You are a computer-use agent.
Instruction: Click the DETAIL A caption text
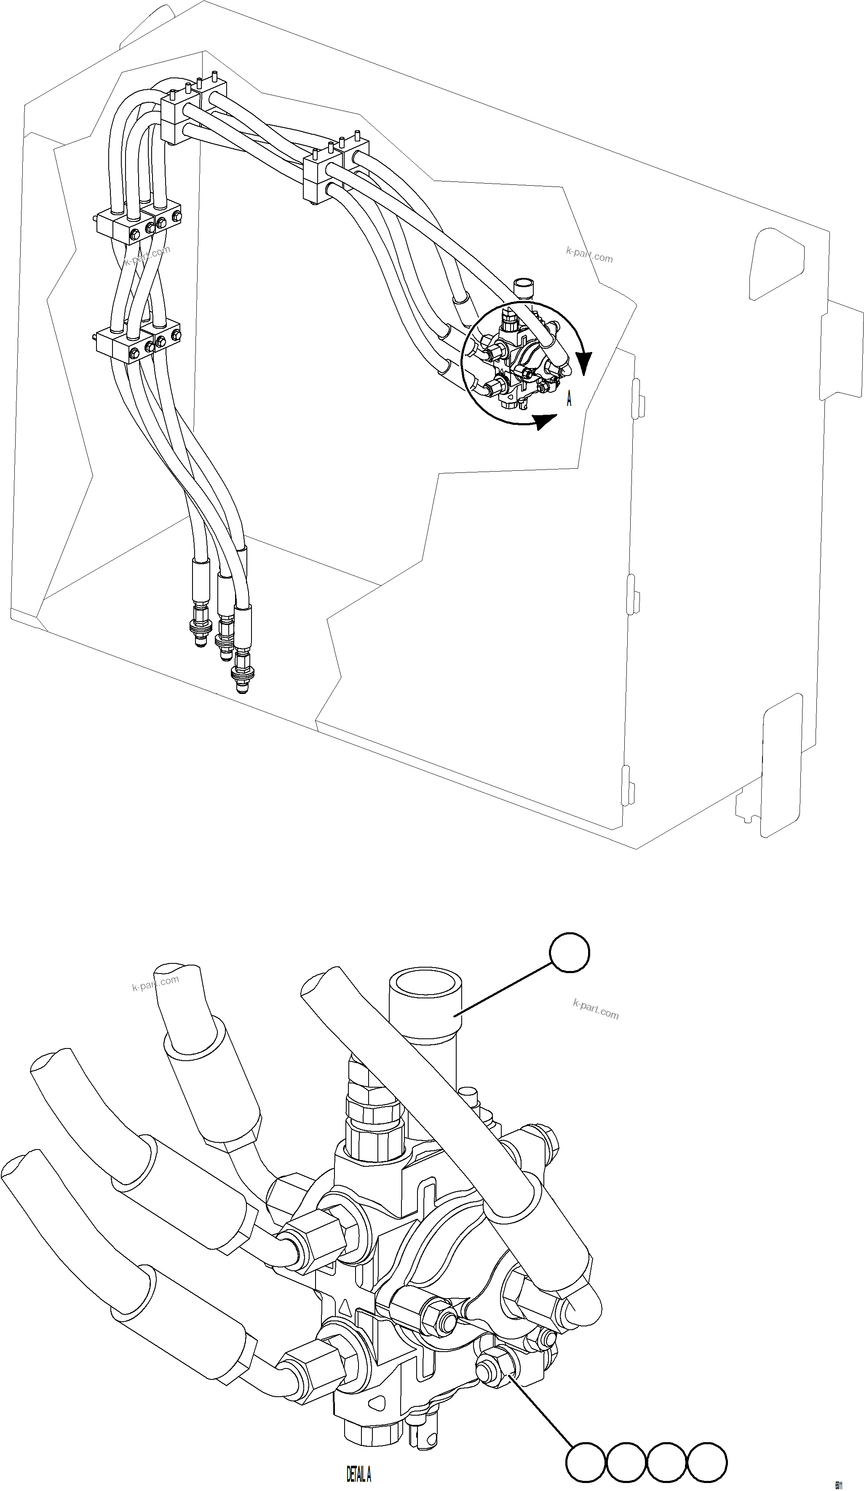[x=358, y=1474]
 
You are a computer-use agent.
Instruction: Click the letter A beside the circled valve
[x=569, y=400]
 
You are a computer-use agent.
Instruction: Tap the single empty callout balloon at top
[x=569, y=952]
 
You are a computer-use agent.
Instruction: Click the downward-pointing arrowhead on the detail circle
[x=584, y=362]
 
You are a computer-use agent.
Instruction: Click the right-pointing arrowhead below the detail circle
[x=544, y=421]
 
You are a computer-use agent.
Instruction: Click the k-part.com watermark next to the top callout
[x=595, y=1010]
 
